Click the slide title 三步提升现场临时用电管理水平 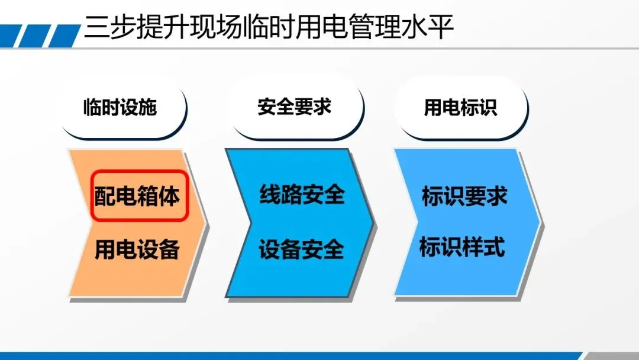pos(269,27)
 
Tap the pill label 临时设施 pos(120,107)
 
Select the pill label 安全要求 pos(294,107)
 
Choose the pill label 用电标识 pos(460,108)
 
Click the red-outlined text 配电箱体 pos(137,196)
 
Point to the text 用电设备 pos(137,249)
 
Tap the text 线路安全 pos(302,194)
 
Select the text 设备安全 pos(302,249)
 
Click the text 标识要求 pos(464,196)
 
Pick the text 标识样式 pos(462,247)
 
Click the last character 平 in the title pos(441,28)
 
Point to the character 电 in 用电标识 pos(451,108)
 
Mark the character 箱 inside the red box pos(147,196)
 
